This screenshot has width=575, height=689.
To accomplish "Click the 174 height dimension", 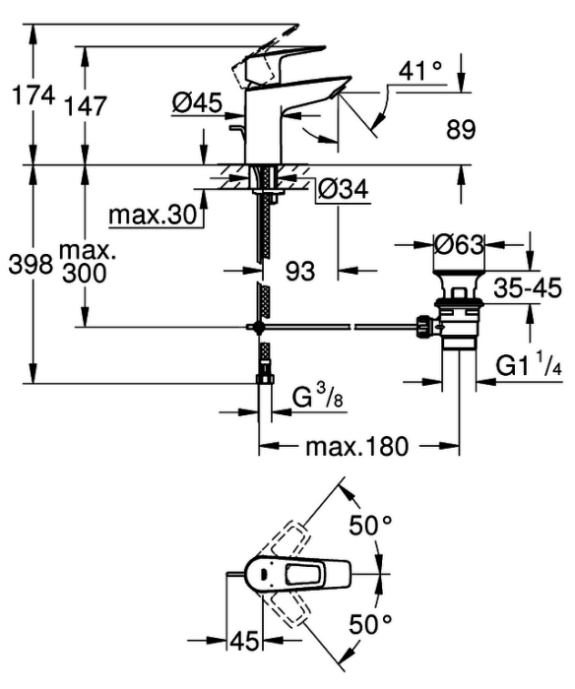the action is pos(33,94).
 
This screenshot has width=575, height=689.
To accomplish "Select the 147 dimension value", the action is pos(86,106).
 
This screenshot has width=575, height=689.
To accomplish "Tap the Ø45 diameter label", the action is pos(197,103).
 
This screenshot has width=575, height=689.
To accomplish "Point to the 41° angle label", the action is pos(419,70).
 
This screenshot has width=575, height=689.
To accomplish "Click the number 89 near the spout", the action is pos(461,130).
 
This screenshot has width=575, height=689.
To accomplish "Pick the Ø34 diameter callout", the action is pos(344,190).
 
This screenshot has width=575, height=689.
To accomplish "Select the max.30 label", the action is pos(152,216).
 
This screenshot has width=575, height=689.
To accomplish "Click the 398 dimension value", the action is pos(31,265).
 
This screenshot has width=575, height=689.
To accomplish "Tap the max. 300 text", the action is pos(85,263).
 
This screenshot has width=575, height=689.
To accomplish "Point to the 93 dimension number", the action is pos(300,271).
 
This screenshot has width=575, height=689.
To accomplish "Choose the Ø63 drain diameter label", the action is pos(459,244).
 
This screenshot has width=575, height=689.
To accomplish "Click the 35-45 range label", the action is pos(528,288).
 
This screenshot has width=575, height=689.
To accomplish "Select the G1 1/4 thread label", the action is pos(529,364).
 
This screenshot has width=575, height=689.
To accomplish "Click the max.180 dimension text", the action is pos(357,447).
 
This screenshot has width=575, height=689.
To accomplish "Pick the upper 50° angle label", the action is pos(370,525).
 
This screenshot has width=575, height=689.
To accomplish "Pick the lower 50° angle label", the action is pos(370,624).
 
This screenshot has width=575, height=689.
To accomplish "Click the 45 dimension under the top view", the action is pos(244,641).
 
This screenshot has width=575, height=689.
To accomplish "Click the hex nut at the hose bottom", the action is pos(265,379).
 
